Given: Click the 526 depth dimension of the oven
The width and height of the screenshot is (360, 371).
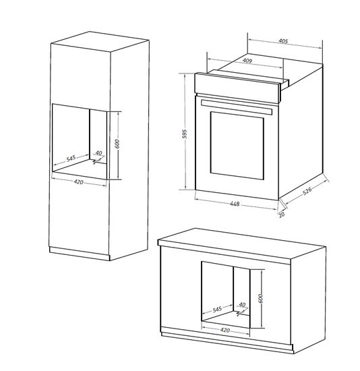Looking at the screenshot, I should [x=307, y=192].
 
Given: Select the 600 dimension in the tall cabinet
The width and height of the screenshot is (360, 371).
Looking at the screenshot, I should [x=117, y=144].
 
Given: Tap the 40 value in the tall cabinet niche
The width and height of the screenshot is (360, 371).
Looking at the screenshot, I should [x=98, y=153].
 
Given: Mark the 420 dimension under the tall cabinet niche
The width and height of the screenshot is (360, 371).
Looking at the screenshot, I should [x=78, y=182].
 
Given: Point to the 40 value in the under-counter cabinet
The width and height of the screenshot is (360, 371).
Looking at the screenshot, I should [x=241, y=304].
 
